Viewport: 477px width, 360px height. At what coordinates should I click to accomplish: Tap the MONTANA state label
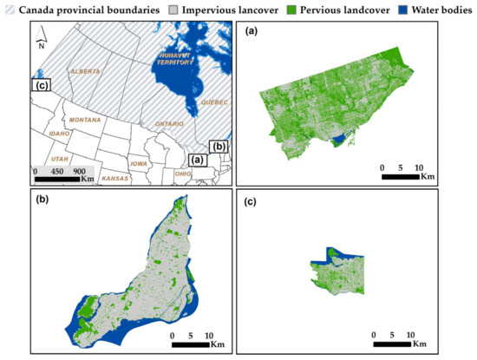[86, 120]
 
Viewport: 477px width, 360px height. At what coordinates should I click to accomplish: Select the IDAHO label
[60, 134]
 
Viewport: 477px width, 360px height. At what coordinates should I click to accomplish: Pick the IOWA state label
[139, 163]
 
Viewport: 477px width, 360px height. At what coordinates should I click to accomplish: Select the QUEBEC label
[215, 101]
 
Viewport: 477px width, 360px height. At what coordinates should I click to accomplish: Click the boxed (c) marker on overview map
[41, 85]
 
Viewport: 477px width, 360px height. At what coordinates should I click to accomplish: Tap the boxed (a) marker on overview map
[198, 160]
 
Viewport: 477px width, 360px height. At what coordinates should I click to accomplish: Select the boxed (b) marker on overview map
[219, 147]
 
